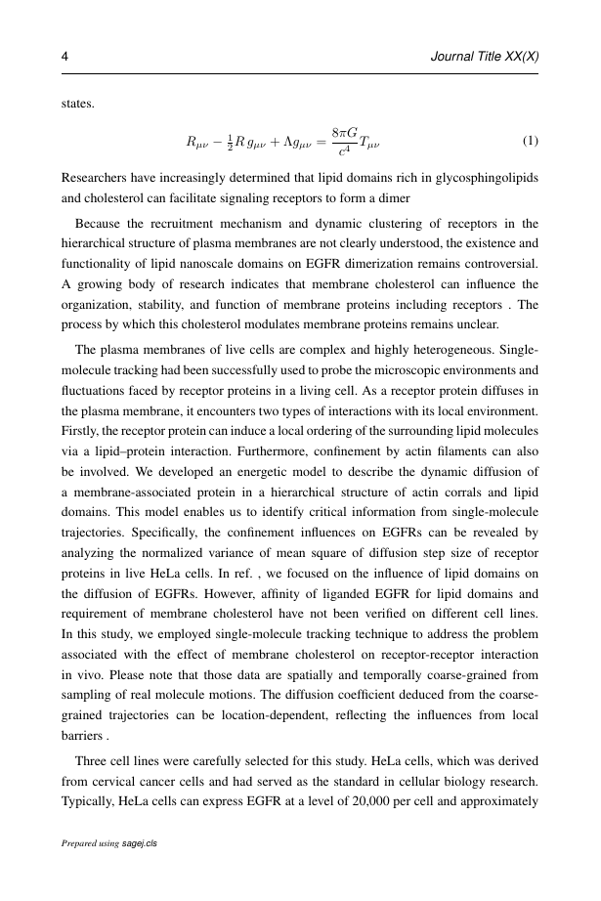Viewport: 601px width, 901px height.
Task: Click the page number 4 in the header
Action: click(64, 58)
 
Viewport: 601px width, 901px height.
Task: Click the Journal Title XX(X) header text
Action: click(485, 58)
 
